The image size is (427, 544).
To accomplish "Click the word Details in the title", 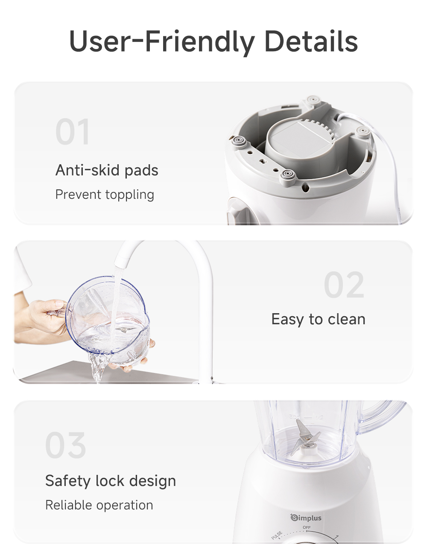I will (311, 41).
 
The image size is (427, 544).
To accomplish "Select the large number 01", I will (73, 132).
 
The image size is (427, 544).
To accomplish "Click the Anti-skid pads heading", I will (107, 170).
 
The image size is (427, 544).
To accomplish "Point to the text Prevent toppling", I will (105, 195).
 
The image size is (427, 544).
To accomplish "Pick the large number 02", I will (344, 285).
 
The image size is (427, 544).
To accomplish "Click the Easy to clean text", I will (318, 319).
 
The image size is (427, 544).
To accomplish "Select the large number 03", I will (66, 445).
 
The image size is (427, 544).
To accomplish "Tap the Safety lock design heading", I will (111, 481).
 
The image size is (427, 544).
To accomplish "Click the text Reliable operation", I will (99, 505).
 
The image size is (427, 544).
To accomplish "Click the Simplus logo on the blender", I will (306, 518).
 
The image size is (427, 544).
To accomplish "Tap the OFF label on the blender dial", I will (307, 528).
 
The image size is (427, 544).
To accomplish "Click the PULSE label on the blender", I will (277, 535).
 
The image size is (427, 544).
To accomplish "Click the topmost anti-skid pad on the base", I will (313, 100).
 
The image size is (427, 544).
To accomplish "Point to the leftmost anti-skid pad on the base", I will (237, 141).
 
